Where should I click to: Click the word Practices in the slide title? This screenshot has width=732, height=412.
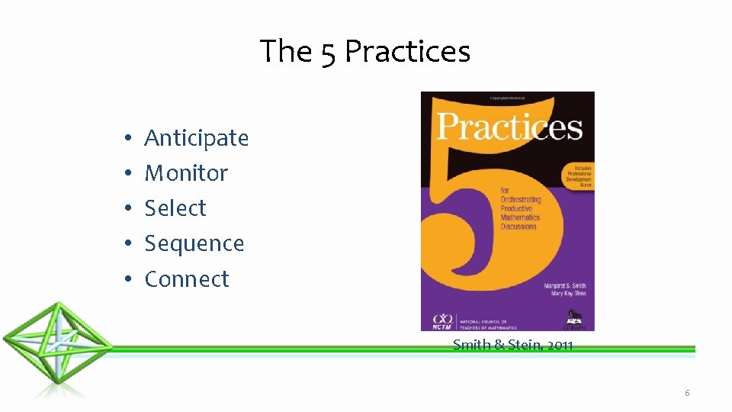[407, 52]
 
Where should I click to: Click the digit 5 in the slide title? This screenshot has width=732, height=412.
[328, 53]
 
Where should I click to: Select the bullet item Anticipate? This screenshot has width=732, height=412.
[197, 138]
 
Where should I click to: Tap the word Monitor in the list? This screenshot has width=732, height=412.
[186, 173]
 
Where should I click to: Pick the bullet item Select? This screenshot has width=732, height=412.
[175, 208]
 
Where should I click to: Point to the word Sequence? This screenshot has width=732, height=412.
[194, 243]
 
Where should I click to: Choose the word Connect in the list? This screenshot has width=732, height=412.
[187, 279]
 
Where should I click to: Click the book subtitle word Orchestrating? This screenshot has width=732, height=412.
[521, 199]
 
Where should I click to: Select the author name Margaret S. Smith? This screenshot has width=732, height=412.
[565, 286]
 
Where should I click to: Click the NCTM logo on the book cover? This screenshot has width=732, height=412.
[441, 321]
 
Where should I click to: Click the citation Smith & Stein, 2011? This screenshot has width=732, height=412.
[512, 345]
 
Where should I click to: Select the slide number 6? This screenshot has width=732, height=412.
[687, 393]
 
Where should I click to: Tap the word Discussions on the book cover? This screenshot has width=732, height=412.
[519, 226]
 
